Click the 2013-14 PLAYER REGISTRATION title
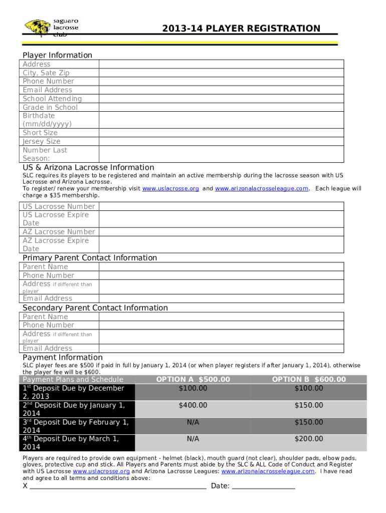tap(241, 29)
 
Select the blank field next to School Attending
tap(221, 99)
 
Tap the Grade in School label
tap(50, 107)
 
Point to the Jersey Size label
tap(42, 141)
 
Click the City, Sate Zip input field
tap(221, 73)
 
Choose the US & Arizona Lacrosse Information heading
tap(88, 167)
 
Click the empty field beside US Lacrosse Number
tap(221, 206)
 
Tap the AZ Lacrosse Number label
tap(59, 231)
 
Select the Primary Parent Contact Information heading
tap(90, 258)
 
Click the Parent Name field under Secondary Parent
tap(221, 317)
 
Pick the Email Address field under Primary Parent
tap(221, 298)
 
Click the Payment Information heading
tap(63, 357)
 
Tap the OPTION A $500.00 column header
tap(193, 380)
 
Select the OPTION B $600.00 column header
tap(309, 380)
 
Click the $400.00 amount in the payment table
tap(193, 405)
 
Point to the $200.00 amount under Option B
tap(309, 439)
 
